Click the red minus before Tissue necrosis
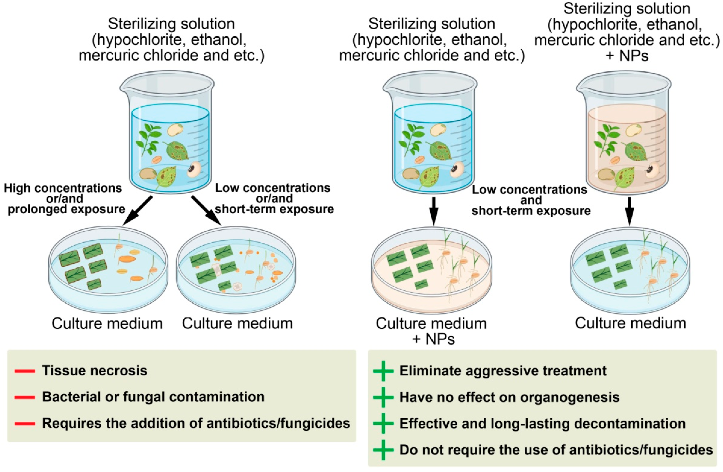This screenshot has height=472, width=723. click(x=25, y=371)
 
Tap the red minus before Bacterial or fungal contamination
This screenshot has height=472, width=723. click(x=25, y=397)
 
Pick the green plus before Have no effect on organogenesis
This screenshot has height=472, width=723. click(x=383, y=397)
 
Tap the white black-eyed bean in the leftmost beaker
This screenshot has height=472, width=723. click(x=194, y=169)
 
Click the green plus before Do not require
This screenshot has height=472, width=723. click(x=383, y=450)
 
